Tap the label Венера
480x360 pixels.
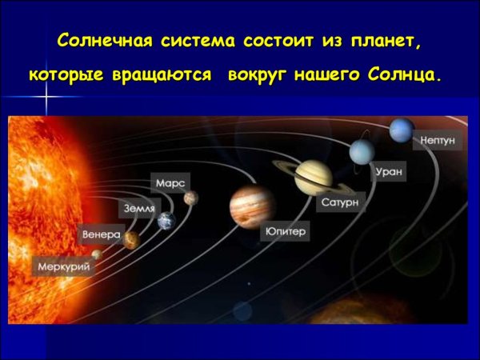coord(101,235)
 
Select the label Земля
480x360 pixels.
coord(138,208)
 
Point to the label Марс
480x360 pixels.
coord(170,183)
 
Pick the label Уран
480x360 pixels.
coord(390,171)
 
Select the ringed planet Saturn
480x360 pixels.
coord(311,176)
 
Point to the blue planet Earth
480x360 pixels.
coord(166,221)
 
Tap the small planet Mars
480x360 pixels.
coord(190,198)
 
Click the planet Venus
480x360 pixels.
coord(130,240)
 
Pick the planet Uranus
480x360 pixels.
coord(362,150)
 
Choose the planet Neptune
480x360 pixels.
coord(402,129)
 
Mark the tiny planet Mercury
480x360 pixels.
coord(97,254)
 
